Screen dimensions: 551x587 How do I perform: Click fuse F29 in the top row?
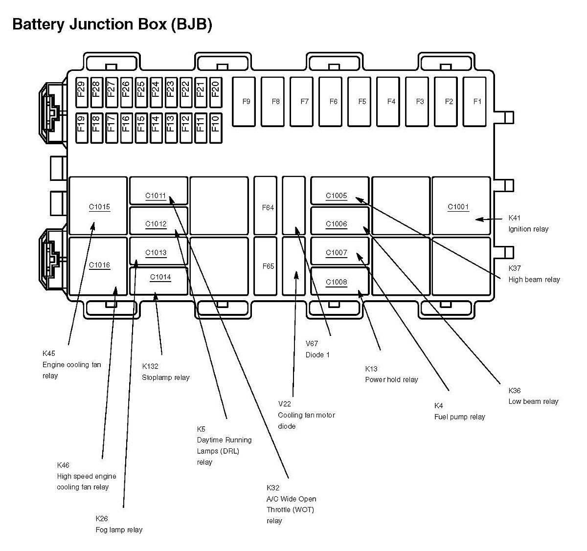click(x=81, y=92)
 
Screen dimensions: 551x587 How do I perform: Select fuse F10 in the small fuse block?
click(x=215, y=128)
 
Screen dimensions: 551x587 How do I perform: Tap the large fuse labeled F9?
click(x=246, y=102)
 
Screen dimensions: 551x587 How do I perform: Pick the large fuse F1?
click(x=477, y=102)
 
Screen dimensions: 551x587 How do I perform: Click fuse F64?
click(x=268, y=208)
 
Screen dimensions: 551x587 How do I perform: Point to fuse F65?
click(x=268, y=266)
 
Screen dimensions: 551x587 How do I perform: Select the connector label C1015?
click(x=99, y=207)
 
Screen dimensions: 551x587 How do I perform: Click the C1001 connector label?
click(x=458, y=207)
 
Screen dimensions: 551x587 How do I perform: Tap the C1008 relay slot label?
click(x=337, y=282)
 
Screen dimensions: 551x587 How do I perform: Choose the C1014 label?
click(x=160, y=277)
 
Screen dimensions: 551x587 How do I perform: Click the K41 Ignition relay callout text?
click(x=528, y=223)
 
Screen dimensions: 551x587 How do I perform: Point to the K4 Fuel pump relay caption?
click(x=459, y=411)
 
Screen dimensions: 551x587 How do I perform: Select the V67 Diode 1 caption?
click(x=317, y=349)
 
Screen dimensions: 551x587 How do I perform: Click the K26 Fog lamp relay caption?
click(x=119, y=524)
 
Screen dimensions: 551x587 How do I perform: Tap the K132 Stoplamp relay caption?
click(x=165, y=372)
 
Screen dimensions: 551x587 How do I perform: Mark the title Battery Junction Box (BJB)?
click(x=112, y=24)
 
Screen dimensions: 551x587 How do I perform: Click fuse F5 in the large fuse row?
click(x=362, y=102)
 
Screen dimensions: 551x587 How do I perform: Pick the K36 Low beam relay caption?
click(x=533, y=396)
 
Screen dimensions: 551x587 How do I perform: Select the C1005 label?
click(x=337, y=196)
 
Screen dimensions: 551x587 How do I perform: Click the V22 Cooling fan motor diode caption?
click(x=306, y=415)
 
